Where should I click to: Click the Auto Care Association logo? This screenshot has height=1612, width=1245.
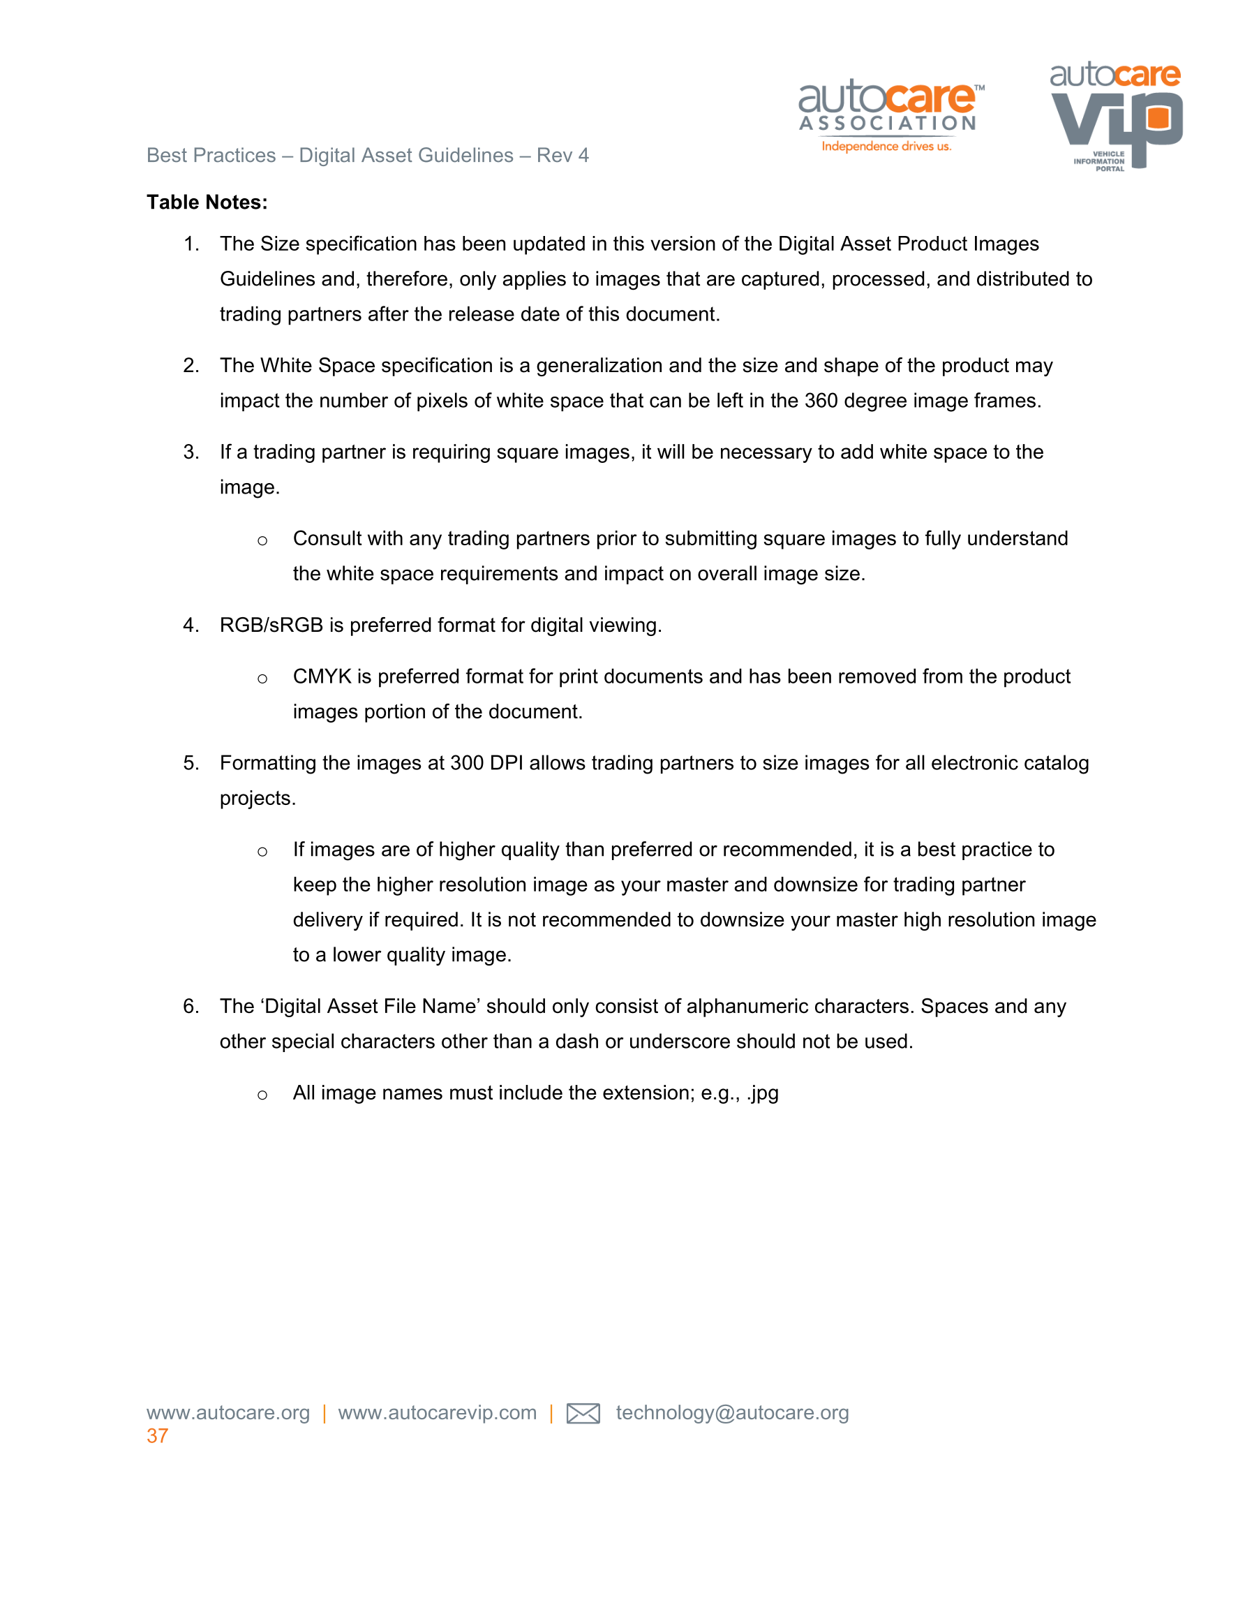tap(890, 114)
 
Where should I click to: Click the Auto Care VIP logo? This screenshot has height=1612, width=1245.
tap(1115, 115)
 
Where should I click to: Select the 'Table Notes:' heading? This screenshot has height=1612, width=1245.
tap(207, 202)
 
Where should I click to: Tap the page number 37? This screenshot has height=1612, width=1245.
tap(157, 1435)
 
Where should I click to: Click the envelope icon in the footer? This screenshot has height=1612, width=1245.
tap(582, 1414)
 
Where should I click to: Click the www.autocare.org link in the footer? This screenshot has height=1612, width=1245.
tap(228, 1413)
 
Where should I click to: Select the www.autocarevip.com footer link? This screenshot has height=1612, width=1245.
tap(437, 1413)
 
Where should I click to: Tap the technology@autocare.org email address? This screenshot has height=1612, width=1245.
tap(732, 1413)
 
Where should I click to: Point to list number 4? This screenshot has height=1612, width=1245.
tap(191, 625)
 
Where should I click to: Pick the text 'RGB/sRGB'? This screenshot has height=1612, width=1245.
tap(271, 625)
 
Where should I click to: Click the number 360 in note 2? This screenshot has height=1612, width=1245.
tap(821, 401)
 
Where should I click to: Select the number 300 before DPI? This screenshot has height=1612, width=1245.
tap(466, 763)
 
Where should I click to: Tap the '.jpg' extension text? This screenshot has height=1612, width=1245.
tap(762, 1093)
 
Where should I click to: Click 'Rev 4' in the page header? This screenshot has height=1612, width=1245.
tap(562, 156)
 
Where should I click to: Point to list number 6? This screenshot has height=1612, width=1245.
tap(191, 1007)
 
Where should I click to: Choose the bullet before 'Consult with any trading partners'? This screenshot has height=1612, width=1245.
tap(262, 541)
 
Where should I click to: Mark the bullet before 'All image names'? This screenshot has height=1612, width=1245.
tap(262, 1095)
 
